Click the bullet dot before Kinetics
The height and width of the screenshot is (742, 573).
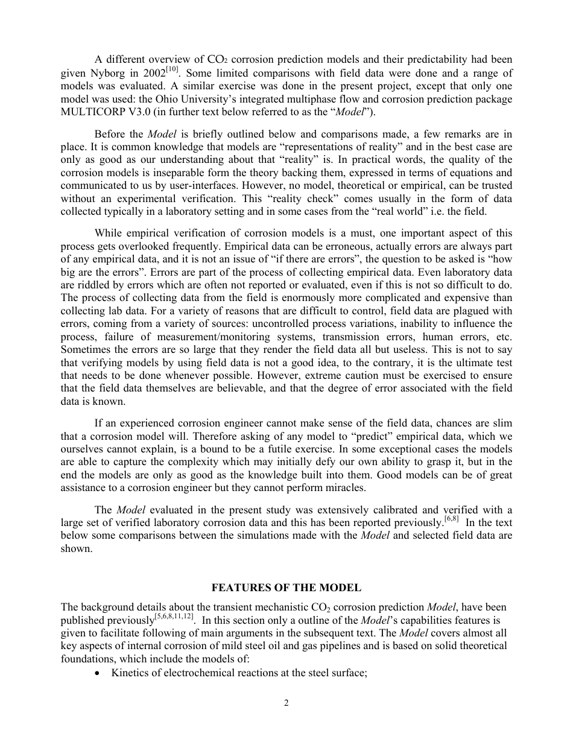pyautogui.click(x=100, y=673)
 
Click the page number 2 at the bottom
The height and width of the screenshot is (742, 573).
pyautogui.click(x=286, y=702)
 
